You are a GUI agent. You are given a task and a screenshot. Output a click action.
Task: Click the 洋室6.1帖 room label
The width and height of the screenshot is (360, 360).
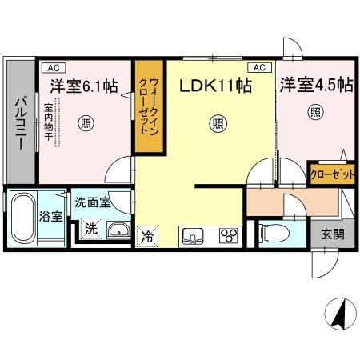pos(82,85)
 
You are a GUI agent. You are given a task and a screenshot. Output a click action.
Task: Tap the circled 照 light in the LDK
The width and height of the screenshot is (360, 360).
pos(216,122)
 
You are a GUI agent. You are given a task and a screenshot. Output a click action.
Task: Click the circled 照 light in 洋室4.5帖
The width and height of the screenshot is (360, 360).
pos(314,112)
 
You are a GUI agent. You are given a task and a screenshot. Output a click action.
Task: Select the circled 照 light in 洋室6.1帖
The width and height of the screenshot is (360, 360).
pos(85,122)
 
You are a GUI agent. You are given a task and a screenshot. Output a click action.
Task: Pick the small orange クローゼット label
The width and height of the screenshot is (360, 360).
pos(332,174)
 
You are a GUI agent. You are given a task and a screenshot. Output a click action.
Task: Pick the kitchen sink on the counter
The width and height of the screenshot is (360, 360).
pos(194,234)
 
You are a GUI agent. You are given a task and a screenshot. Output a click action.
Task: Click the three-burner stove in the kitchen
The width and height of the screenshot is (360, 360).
pos(227,234)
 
